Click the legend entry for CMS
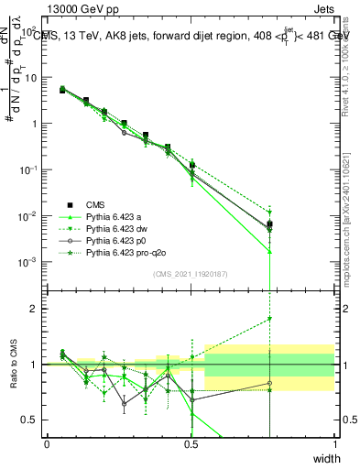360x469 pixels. [96, 204]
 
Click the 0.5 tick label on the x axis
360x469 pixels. [191, 443]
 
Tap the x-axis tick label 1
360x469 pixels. [334, 443]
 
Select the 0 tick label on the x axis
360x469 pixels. [47, 443]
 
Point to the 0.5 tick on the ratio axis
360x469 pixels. [29, 420]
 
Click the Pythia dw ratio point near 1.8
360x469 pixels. [269, 319]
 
